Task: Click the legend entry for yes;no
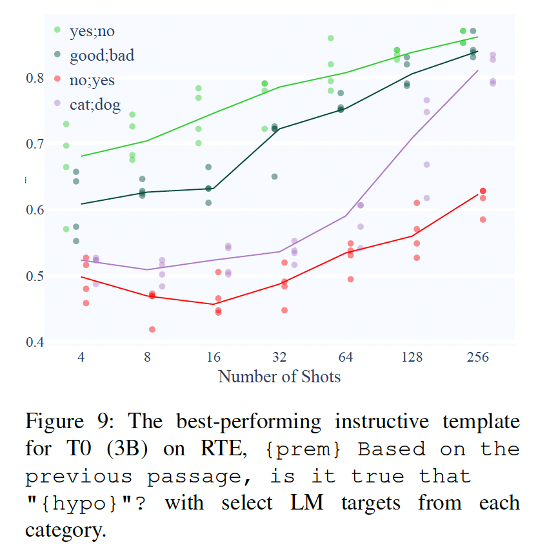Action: (x=91, y=30)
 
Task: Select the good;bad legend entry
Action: (x=101, y=56)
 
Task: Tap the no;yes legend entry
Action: (x=91, y=80)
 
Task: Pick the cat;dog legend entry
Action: (x=94, y=105)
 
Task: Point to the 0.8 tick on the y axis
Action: (x=36, y=78)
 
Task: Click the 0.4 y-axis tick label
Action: (x=36, y=342)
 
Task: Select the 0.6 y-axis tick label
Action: (x=36, y=211)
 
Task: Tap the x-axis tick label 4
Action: (x=81, y=357)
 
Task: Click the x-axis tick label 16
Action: (x=214, y=357)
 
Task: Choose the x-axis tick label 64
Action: (x=346, y=357)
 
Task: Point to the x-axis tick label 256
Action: (x=478, y=357)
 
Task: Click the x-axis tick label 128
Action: (x=412, y=357)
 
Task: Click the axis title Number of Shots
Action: (x=279, y=377)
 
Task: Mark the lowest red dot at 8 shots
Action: (x=152, y=329)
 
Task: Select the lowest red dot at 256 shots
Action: (x=482, y=220)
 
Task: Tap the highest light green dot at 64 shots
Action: (x=331, y=38)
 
